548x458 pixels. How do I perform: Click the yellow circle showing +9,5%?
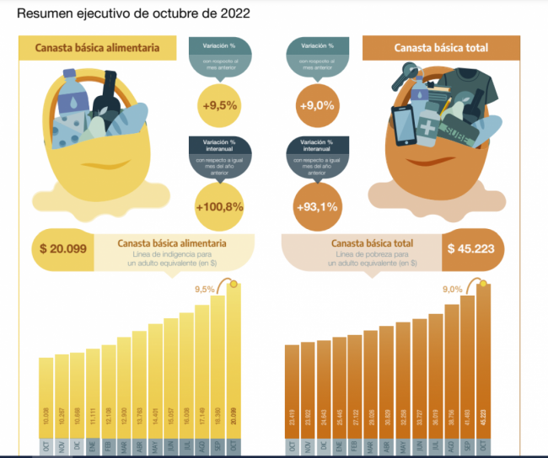pos(218,105)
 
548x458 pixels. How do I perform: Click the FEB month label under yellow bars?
pos(109,447)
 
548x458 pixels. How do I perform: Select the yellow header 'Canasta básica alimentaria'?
pos(98,48)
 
